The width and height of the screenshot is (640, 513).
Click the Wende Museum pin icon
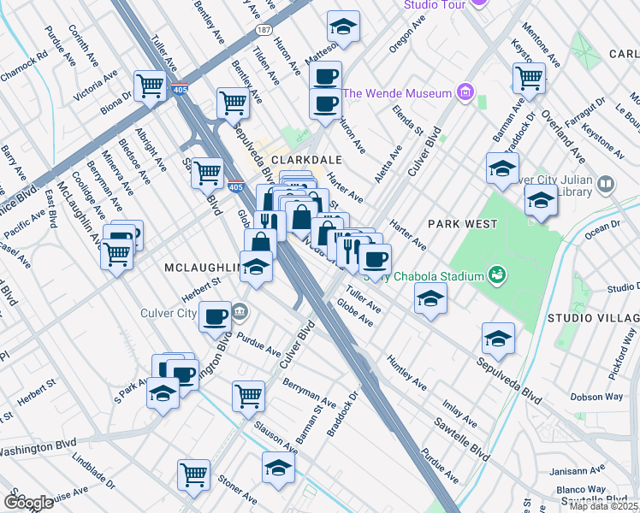(465, 91)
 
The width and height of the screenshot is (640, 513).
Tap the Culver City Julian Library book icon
(606, 184)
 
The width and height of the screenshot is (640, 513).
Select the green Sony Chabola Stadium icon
(494, 274)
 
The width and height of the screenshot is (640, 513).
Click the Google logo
(28, 502)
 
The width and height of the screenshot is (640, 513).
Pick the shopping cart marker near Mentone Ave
(529, 78)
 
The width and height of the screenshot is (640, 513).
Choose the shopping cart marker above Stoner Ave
(194, 474)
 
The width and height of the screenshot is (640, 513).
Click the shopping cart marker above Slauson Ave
(248, 395)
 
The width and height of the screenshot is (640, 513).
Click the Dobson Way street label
(597, 397)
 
